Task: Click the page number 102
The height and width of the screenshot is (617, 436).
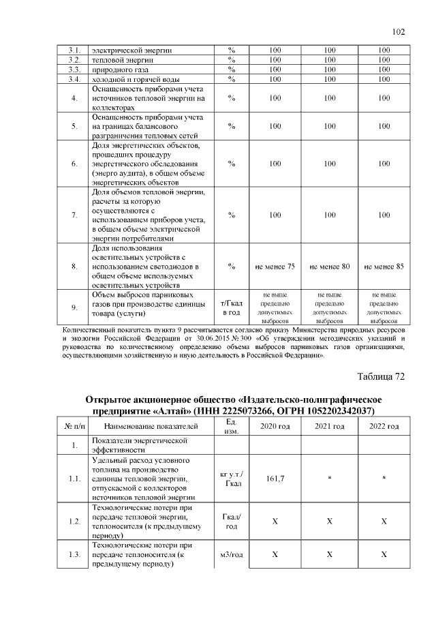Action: coord(399,31)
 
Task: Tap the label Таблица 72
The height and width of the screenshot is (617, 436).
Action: coord(381,376)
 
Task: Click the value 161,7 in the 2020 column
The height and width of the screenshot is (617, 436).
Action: coord(274,479)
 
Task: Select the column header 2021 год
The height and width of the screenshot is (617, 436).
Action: coord(329,427)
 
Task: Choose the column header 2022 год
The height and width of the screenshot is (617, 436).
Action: coord(384,427)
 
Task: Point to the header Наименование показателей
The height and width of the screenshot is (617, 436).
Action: coord(152,427)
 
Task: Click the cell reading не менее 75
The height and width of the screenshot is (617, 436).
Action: coord(274,266)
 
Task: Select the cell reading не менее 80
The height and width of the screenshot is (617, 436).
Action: coord(329,266)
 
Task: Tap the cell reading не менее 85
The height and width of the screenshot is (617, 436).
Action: coord(384,266)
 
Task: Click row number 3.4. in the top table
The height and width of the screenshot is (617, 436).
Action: coord(75,79)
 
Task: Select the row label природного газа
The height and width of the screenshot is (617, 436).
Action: coord(122,70)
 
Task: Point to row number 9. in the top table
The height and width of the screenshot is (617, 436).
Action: coord(75,307)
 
